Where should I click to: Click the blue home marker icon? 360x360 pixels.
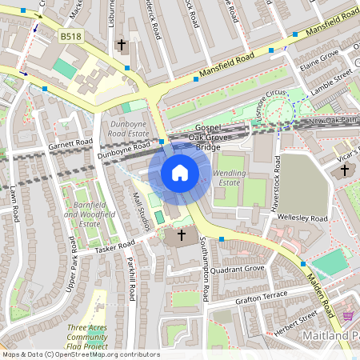180,172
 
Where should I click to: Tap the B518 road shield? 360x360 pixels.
70,36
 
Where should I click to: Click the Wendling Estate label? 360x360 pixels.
230,178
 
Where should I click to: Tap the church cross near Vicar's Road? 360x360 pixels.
345,170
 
